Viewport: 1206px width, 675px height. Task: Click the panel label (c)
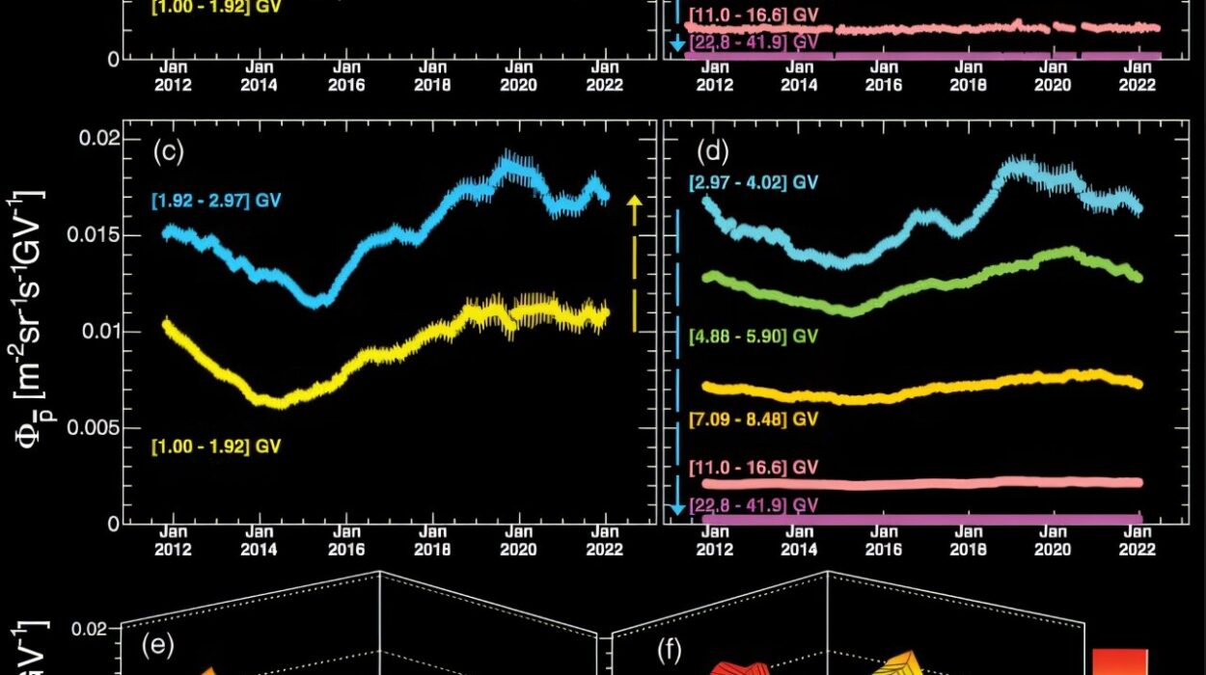[168, 151]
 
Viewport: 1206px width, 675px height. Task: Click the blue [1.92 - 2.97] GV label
[216, 202]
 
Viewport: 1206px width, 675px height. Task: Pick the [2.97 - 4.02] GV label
[754, 182]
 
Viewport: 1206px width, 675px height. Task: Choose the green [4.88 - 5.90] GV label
[754, 337]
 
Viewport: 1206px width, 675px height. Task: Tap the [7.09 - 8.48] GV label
[754, 418]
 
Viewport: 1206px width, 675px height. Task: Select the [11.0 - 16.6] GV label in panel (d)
[754, 467]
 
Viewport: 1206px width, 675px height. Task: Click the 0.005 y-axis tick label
[98, 428]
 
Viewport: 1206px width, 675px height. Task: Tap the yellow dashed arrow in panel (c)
[634, 262]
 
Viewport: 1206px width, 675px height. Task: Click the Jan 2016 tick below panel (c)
[345, 551]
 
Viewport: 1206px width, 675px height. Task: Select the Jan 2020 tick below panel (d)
[1054, 551]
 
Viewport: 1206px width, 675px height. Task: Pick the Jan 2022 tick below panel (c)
[606, 551]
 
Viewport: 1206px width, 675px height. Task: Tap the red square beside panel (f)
[1120, 665]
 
